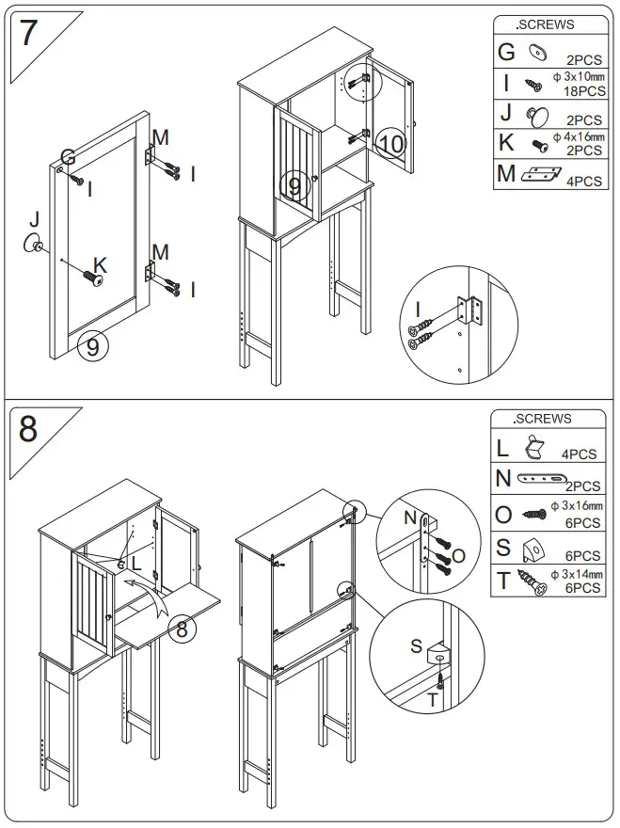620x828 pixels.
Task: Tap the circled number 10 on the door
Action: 391,144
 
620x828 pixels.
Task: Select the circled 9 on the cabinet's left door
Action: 294,187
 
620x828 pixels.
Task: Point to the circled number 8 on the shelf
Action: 183,629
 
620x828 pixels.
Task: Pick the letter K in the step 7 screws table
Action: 506,144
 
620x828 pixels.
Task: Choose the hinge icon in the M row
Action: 540,173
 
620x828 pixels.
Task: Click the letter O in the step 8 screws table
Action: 503,515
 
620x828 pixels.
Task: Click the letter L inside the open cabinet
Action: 136,563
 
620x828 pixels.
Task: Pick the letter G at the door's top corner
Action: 68,155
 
